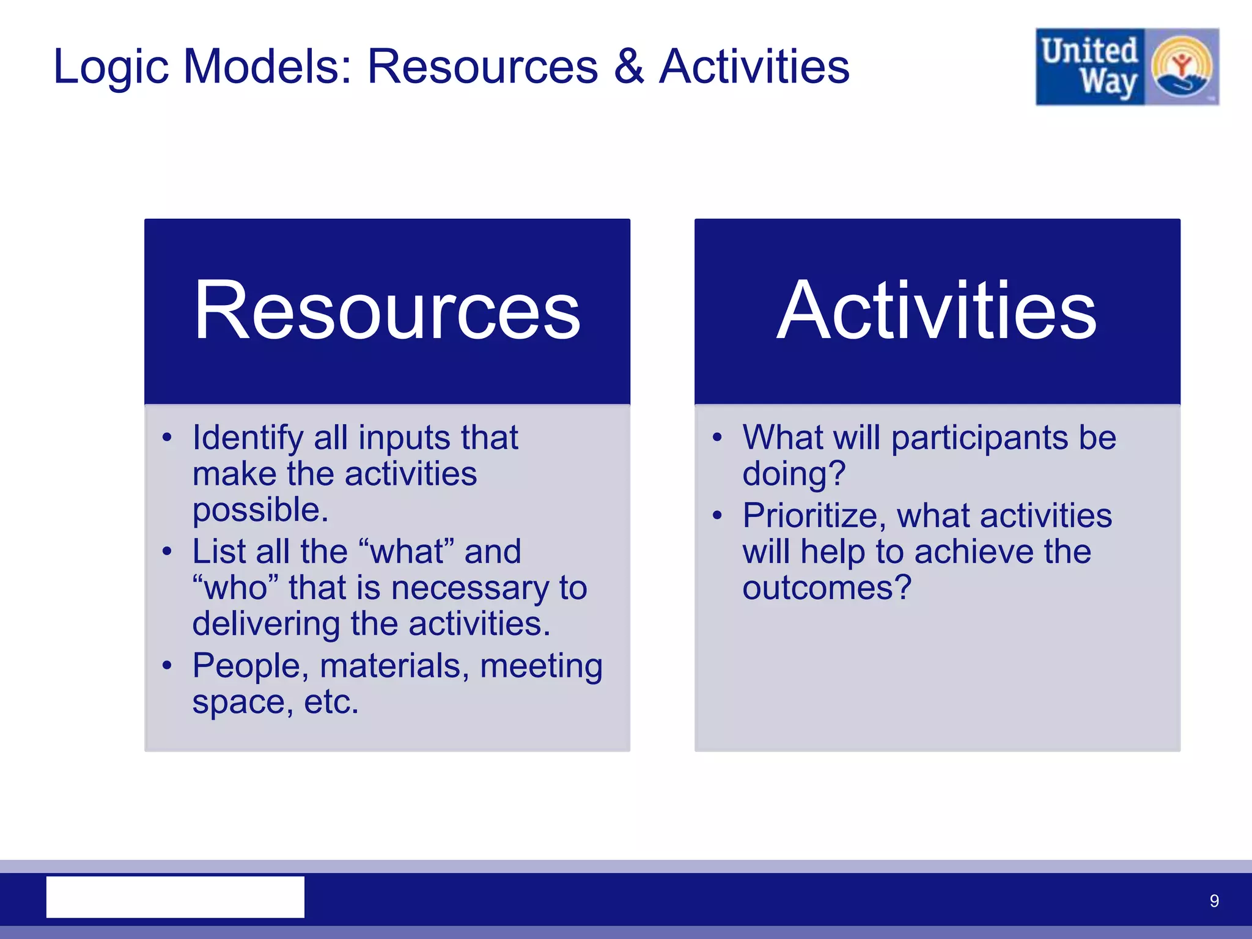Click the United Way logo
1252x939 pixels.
[1127, 67]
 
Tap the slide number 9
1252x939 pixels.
[1214, 900]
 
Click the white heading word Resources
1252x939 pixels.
[387, 310]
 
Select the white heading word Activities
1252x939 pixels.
[937, 310]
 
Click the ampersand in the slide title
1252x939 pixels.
[628, 66]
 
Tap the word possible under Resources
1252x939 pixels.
[260, 510]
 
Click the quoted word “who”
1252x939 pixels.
[235, 588]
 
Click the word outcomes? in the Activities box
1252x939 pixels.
[827, 588]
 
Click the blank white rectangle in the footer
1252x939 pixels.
[175, 897]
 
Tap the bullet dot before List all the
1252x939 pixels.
[168, 551]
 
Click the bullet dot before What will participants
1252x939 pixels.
[717, 438]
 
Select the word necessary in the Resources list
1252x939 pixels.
[469, 588]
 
